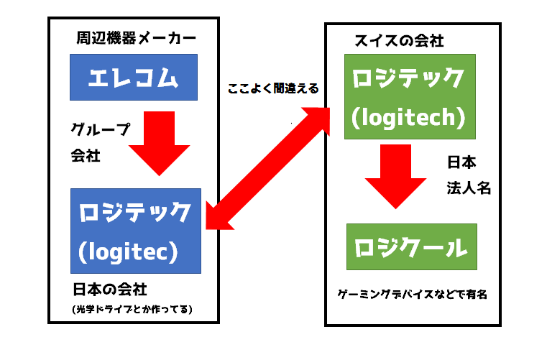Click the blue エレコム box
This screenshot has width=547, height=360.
click(134, 77)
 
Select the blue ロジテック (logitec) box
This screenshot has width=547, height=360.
click(135, 231)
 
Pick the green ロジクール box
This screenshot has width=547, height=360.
click(412, 248)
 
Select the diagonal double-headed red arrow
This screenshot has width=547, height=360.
click(267, 167)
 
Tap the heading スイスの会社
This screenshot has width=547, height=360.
click(399, 40)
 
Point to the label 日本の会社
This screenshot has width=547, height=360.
click(109, 290)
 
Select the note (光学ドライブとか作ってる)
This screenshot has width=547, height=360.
click(134, 310)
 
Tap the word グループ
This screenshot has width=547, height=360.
click(100, 129)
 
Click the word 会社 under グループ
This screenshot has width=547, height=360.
click(86, 154)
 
